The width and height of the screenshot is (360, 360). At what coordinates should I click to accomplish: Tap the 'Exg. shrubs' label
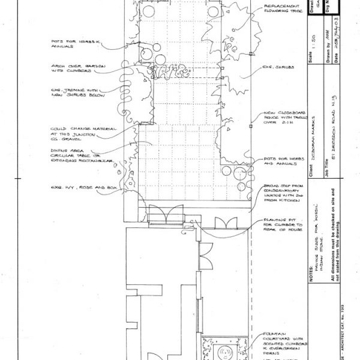(277, 68)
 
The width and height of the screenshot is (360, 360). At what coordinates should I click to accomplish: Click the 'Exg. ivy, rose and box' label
(74, 188)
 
